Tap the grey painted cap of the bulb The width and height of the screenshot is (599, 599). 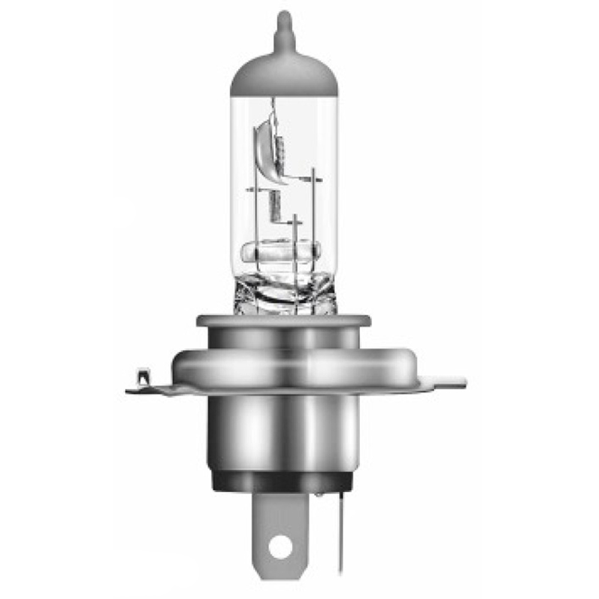[x=283, y=75]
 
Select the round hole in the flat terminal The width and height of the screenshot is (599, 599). [x=280, y=546]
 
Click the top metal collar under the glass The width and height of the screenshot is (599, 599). [x=283, y=322]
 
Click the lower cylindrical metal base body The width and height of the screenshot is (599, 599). [x=283, y=431]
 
